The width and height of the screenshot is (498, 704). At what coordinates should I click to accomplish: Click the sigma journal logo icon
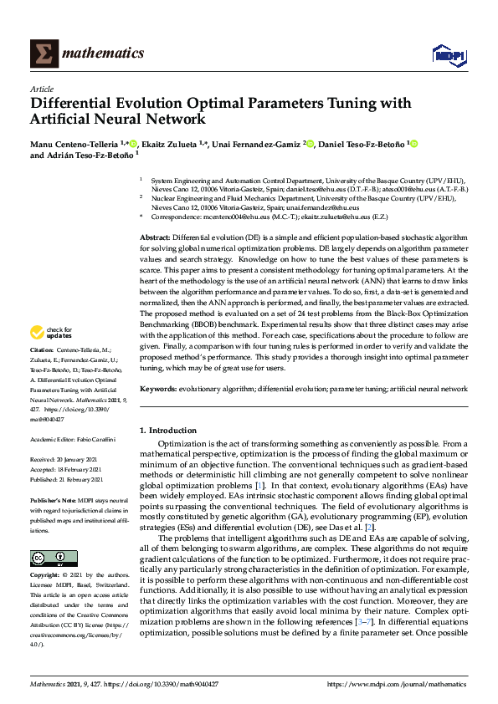coord(43,54)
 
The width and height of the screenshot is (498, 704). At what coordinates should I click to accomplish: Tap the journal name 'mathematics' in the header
coord(100,54)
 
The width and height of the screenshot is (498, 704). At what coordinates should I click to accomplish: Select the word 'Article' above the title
coord(42,89)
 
